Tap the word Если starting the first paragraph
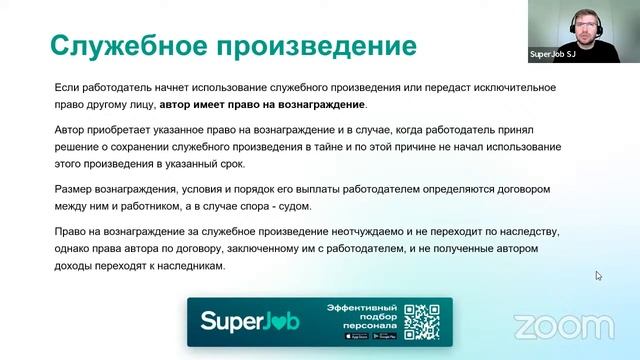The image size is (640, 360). tap(66, 88)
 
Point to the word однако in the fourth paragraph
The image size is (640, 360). tap(74, 249)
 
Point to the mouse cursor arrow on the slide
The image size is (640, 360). tap(599, 275)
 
